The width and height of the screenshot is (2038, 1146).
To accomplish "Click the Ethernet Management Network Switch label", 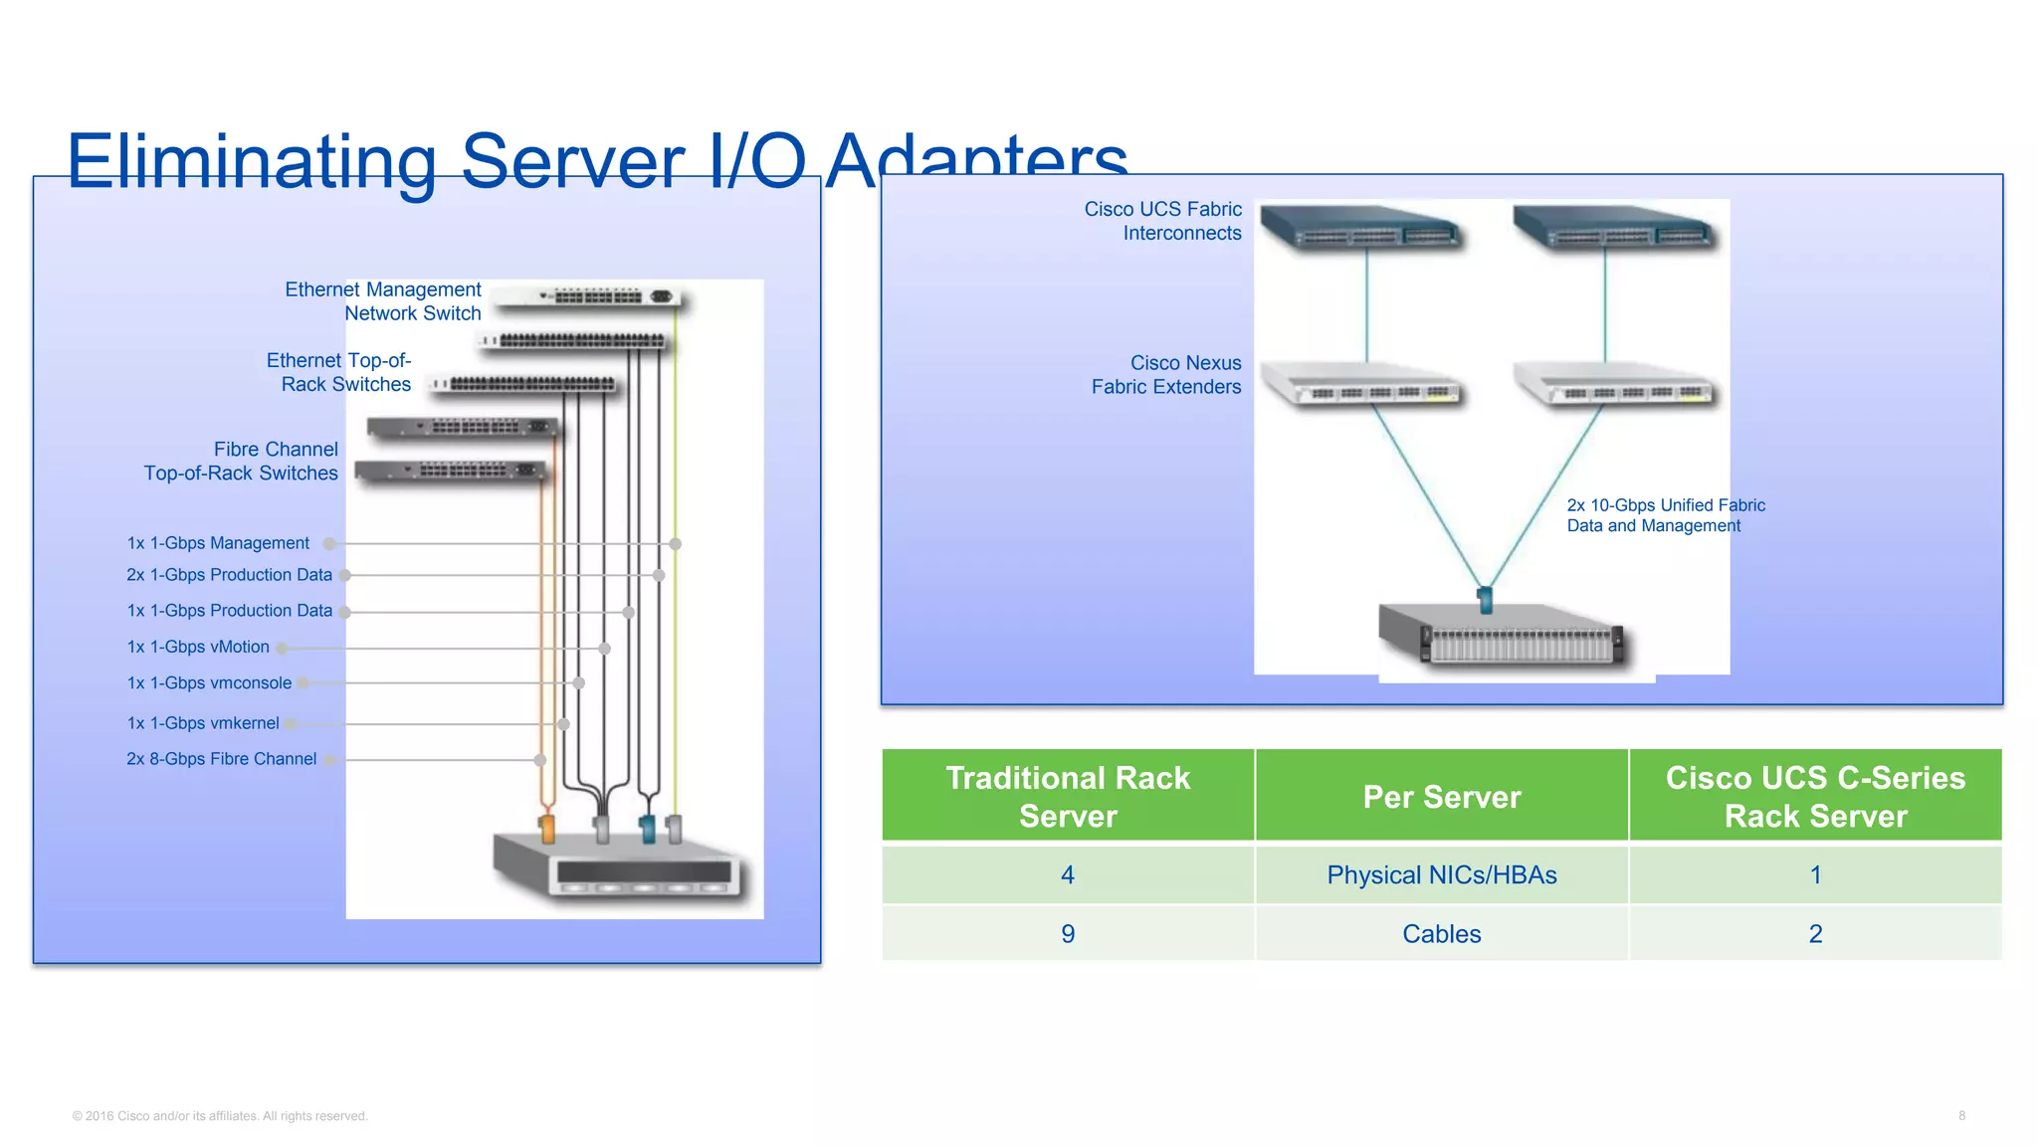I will [x=383, y=301].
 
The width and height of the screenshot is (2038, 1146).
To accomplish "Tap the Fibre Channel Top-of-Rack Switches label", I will [x=242, y=462].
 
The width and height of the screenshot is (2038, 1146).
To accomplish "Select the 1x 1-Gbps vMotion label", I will [x=198, y=647].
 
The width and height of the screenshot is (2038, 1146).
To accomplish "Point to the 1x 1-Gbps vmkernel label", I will [x=203, y=723].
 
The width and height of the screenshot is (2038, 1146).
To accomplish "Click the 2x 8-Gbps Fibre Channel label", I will [x=221, y=759].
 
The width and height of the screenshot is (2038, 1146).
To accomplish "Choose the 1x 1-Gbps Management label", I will [x=218, y=543].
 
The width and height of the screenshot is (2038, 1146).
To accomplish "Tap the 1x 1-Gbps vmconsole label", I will [x=209, y=683].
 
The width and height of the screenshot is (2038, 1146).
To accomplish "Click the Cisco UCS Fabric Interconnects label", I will [x=1162, y=221].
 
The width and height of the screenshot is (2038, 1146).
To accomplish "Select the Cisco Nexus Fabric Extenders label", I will [x=1166, y=375].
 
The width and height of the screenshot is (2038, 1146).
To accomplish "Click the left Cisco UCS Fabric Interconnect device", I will [x=1361, y=229].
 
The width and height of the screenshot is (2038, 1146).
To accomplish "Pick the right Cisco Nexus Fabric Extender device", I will [x=1614, y=384].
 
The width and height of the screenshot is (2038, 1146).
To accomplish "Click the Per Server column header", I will [x=1441, y=797].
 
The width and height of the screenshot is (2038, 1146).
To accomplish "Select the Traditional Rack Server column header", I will [x=1068, y=797].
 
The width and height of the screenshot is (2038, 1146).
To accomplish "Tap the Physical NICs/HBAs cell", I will [x=1441, y=875].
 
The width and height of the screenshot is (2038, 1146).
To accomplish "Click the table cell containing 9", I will [x=1068, y=934].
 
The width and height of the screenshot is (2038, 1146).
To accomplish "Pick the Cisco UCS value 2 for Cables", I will [x=1815, y=934].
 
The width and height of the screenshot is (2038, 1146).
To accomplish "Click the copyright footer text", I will [x=220, y=1116].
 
